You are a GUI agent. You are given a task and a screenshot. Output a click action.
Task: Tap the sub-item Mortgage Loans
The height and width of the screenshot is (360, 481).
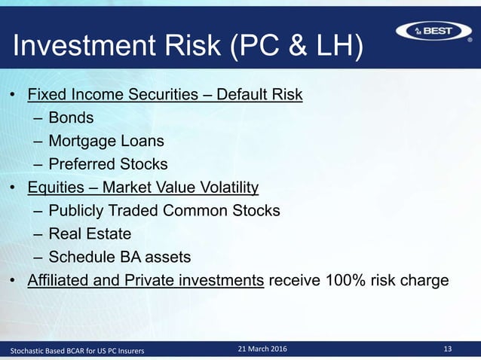click(106, 141)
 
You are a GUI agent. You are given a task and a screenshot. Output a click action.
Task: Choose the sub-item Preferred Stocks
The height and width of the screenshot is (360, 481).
click(108, 163)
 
